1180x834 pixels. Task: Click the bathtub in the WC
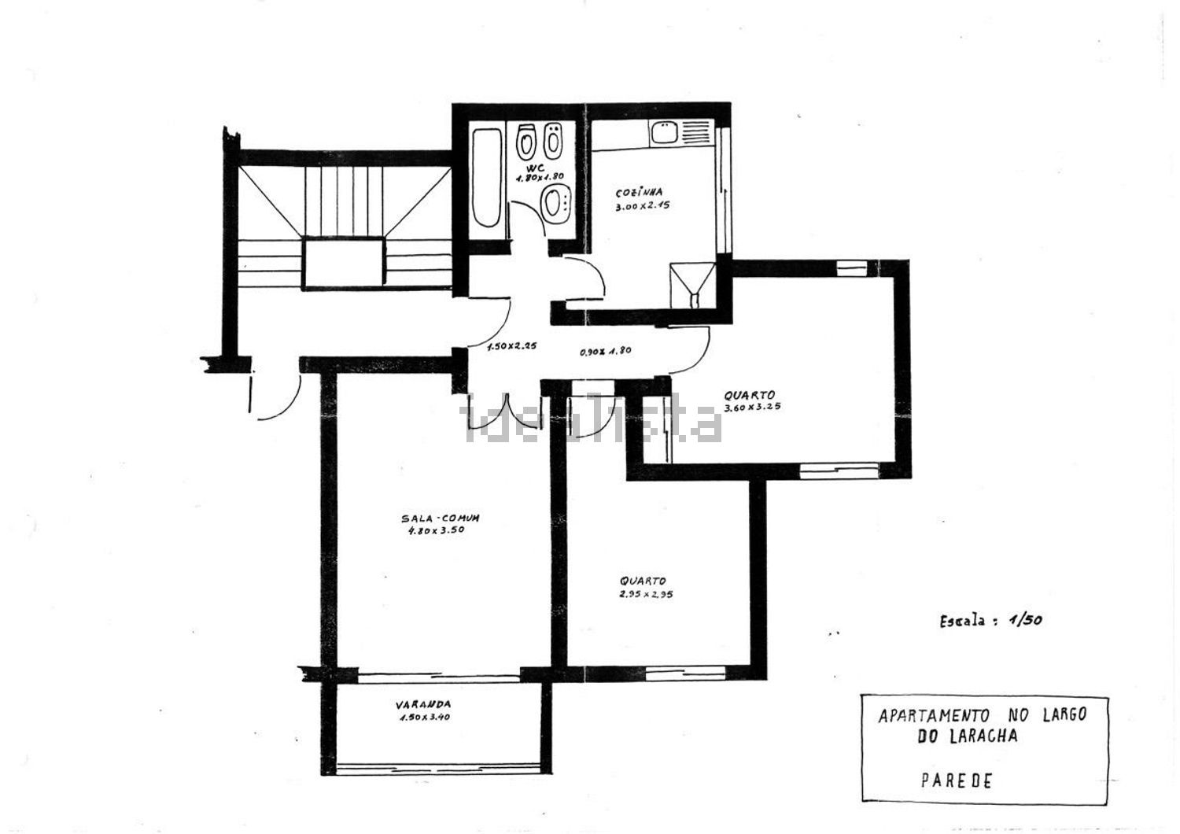point(486,178)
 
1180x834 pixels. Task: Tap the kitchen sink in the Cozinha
point(666,133)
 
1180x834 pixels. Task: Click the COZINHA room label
point(639,192)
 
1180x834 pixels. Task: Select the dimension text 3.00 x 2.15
point(642,205)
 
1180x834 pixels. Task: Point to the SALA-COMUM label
point(441,518)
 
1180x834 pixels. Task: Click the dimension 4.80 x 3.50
point(436,530)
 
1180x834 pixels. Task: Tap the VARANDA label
point(423,704)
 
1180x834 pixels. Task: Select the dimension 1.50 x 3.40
point(425,717)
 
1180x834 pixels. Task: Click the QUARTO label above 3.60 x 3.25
point(749,395)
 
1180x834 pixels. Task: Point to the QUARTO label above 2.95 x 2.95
point(643,581)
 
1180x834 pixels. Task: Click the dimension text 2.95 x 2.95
point(646,594)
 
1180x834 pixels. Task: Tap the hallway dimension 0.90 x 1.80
point(605,351)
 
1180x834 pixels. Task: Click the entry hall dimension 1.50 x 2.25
point(511,346)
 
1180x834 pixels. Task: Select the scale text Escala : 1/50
point(990,621)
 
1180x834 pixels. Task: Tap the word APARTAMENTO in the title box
point(933,716)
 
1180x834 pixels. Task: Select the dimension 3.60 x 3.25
point(752,408)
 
